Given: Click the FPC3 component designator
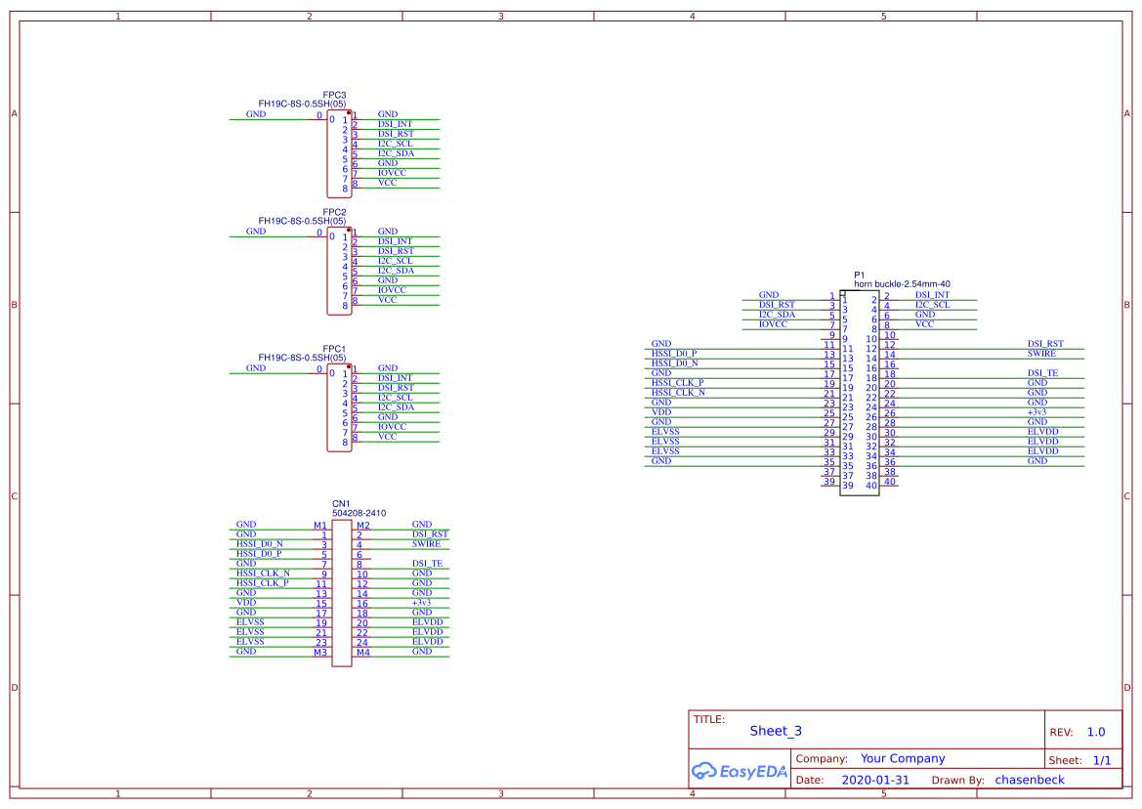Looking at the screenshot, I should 334,95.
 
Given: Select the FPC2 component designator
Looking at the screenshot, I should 334,212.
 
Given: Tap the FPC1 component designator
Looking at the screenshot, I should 334,349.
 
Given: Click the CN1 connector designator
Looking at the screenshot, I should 341,504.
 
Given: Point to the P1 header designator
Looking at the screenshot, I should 860,276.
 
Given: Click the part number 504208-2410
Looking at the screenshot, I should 359,513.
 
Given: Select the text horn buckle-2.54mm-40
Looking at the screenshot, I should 902,284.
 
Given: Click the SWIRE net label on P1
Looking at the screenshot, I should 1041,354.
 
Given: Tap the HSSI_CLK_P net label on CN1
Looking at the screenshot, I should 263,583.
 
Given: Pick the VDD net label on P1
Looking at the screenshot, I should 661,412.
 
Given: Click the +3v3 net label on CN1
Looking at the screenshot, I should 421,603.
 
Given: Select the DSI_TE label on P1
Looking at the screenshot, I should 1041,373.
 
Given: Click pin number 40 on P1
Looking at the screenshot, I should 890,481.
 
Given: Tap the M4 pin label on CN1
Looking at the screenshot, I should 362,652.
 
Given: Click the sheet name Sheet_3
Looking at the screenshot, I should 776,731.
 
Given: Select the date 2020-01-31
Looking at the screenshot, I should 875,780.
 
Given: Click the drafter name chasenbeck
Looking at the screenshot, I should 1030,780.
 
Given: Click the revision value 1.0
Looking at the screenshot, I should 1096,732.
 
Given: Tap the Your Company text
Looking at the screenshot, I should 903,758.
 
